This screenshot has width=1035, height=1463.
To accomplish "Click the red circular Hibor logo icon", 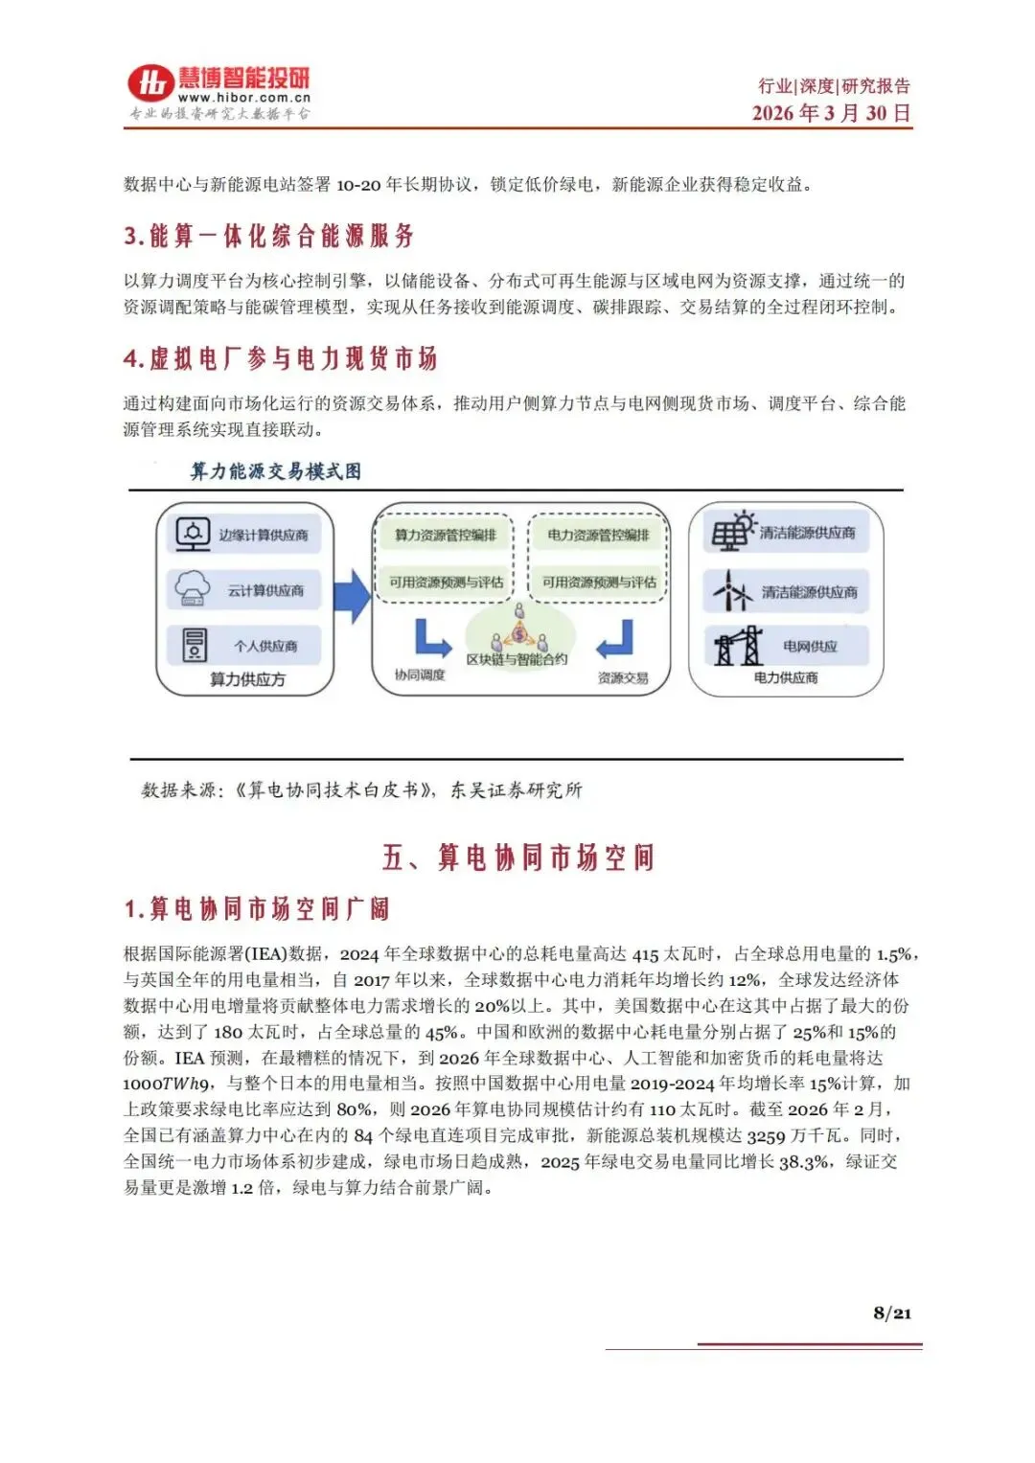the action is (x=150, y=84).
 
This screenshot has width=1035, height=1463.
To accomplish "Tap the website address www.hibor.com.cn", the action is (x=244, y=98).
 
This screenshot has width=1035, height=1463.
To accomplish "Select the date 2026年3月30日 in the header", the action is (x=831, y=113).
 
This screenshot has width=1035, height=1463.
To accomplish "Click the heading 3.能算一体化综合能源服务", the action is (x=269, y=236).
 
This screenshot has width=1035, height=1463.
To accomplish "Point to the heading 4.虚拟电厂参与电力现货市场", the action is (x=280, y=359).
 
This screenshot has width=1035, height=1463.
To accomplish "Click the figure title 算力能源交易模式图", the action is (x=276, y=470).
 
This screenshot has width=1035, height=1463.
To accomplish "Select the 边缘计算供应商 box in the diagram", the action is (x=244, y=535).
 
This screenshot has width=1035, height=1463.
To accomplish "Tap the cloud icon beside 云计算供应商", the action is (x=193, y=588).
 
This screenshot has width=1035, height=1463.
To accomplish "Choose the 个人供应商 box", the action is (x=244, y=646).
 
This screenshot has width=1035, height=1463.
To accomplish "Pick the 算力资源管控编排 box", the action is (x=445, y=535).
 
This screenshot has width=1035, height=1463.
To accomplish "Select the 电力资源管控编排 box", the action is (x=598, y=535).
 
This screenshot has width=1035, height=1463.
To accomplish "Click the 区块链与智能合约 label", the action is (x=517, y=659).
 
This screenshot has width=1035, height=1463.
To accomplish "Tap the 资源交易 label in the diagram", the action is (x=623, y=677).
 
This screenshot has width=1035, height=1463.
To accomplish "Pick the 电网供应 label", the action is (x=810, y=647).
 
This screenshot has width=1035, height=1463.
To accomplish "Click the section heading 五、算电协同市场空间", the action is (x=517, y=857).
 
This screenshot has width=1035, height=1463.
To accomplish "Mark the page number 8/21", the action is (x=891, y=1313).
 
